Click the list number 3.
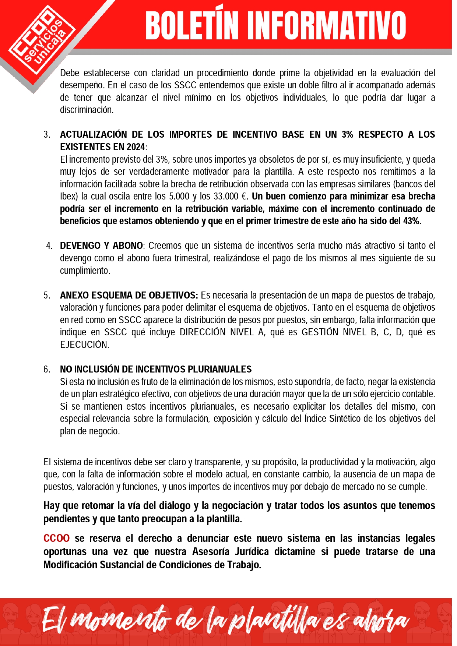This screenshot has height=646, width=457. click(47, 135)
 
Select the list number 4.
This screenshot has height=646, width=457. click(49, 246)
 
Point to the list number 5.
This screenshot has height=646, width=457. click(47, 296)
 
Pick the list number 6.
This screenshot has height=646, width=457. click(47, 370)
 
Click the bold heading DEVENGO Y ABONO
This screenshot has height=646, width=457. click(101, 246)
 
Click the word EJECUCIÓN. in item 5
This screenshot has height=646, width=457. click(85, 345)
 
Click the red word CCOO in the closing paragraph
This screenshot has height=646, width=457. click(56, 539)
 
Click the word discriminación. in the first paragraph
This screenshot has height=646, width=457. click(87, 110)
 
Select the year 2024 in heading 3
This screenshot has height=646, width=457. click(136, 147)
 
